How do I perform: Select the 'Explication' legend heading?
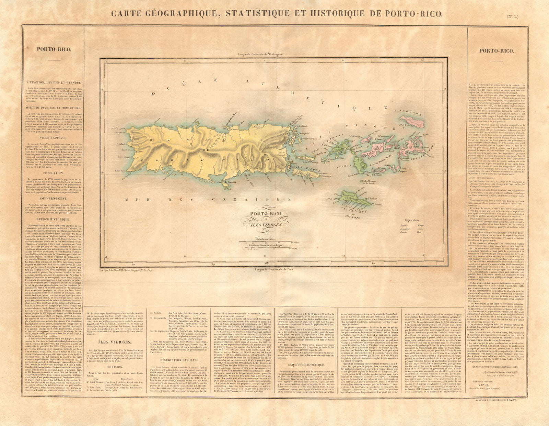click(412, 220)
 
